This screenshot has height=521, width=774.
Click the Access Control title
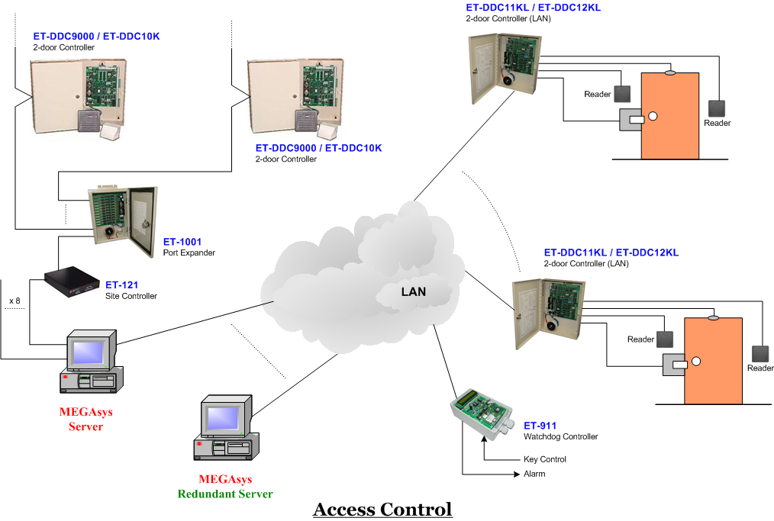pos(382,510)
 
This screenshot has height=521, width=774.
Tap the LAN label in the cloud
pos(414,291)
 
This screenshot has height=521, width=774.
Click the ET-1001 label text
pos(182,242)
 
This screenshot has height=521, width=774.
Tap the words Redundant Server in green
pos(225,494)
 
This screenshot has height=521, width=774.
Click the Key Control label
pos(545,459)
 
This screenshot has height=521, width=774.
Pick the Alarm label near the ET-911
pos(534,474)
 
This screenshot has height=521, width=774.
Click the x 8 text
pos(15,301)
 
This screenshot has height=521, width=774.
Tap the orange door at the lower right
pos(713,361)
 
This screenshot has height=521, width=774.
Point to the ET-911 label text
pos(540,426)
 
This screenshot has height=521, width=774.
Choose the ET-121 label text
pos(122,285)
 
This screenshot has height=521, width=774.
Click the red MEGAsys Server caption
pos(85,420)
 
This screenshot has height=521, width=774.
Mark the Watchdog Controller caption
pos(560,437)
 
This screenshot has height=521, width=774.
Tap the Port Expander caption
pos(189,252)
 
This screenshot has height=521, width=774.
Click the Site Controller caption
pos(131,296)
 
